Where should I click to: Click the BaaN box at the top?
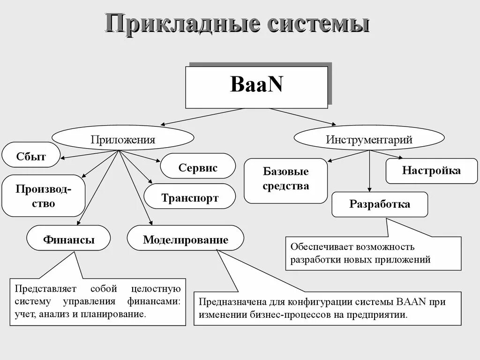(256, 87)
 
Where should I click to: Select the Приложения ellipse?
(123, 139)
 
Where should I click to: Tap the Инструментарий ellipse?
(369, 139)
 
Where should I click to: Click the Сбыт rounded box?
(31, 156)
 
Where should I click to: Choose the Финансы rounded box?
(68, 240)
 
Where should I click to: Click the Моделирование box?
(185, 240)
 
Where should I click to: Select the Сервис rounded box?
(198, 167)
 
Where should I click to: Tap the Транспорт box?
(189, 197)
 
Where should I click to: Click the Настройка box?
(431, 170)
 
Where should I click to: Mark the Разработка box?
(380, 204)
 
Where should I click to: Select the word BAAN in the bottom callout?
(411, 301)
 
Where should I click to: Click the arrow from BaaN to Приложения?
(202, 117)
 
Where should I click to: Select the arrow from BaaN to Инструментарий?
(303, 117)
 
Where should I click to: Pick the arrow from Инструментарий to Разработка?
(370, 171)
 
